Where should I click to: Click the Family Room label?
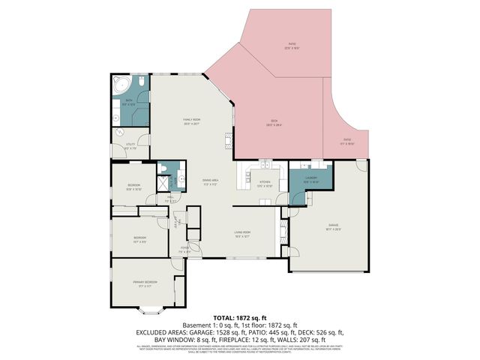(x=192, y=121)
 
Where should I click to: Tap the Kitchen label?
(x=265, y=182)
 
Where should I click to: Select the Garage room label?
(x=333, y=228)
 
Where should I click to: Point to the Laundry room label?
(x=311, y=179)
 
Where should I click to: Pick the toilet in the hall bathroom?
(x=163, y=166)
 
